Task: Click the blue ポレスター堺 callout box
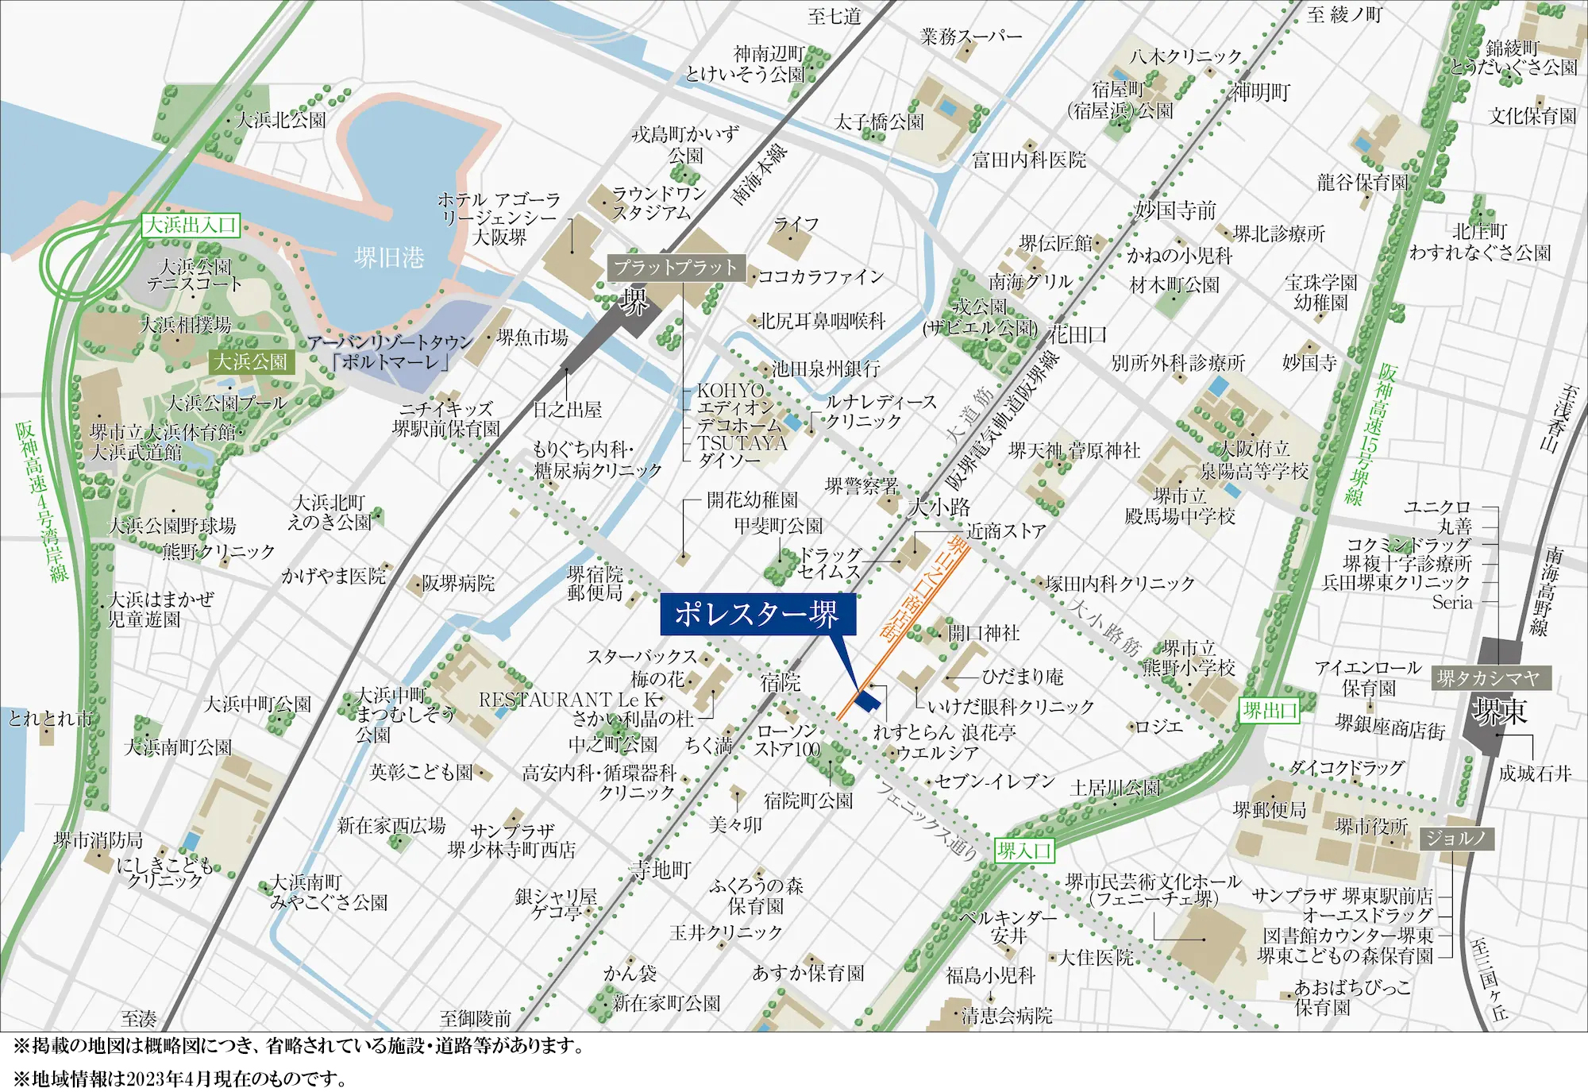[757, 614]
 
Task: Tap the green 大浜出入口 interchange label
[191, 225]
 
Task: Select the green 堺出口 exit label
[1270, 711]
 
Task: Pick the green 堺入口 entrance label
[1024, 851]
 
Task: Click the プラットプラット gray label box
[675, 268]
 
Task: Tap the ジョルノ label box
[1456, 838]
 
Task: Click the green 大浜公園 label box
[250, 362]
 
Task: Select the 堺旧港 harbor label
[389, 257]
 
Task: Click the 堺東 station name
[1499, 711]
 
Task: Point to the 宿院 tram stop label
[781, 681]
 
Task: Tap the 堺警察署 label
[861, 486]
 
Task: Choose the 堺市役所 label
[1371, 826]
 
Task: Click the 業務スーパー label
[970, 37]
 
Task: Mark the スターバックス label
[642, 657]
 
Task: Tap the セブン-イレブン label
[994, 781]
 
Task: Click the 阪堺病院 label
[458, 584]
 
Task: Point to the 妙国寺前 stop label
[1174, 210]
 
